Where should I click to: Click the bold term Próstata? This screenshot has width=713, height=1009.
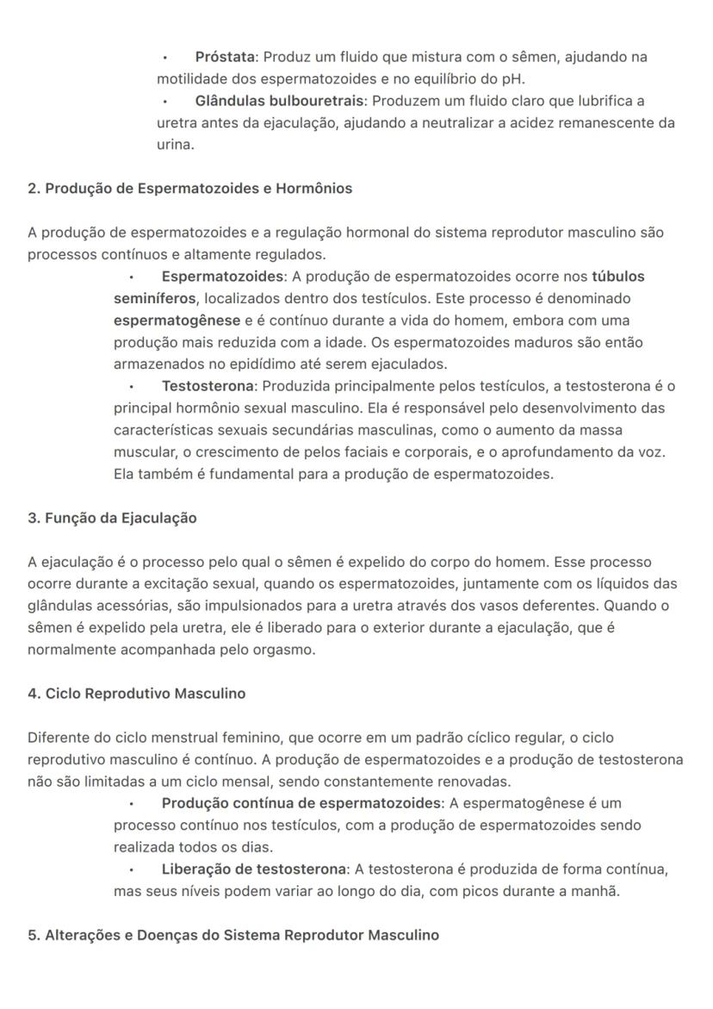coord(225,57)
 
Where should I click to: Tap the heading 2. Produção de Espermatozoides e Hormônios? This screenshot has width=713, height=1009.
coord(189,189)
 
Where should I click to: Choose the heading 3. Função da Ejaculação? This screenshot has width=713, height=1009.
coord(112,518)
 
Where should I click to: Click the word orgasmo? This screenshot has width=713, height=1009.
coord(285,650)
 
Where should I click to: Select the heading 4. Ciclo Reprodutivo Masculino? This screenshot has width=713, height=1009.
coord(136,694)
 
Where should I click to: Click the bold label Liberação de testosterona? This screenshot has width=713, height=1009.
coord(253,869)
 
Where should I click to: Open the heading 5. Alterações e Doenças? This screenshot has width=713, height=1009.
coord(232,935)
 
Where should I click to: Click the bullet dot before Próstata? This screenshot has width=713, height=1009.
coord(164,58)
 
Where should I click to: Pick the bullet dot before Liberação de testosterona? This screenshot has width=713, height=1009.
coord(132,869)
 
